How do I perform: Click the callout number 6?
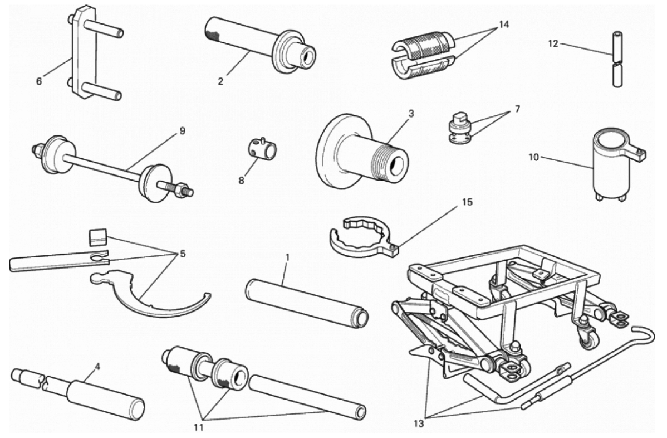click(39, 81)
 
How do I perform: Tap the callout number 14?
click(504, 25)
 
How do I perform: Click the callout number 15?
click(468, 202)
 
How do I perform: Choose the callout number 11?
click(199, 428)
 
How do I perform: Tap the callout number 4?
click(97, 367)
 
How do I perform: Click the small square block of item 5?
click(97, 236)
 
